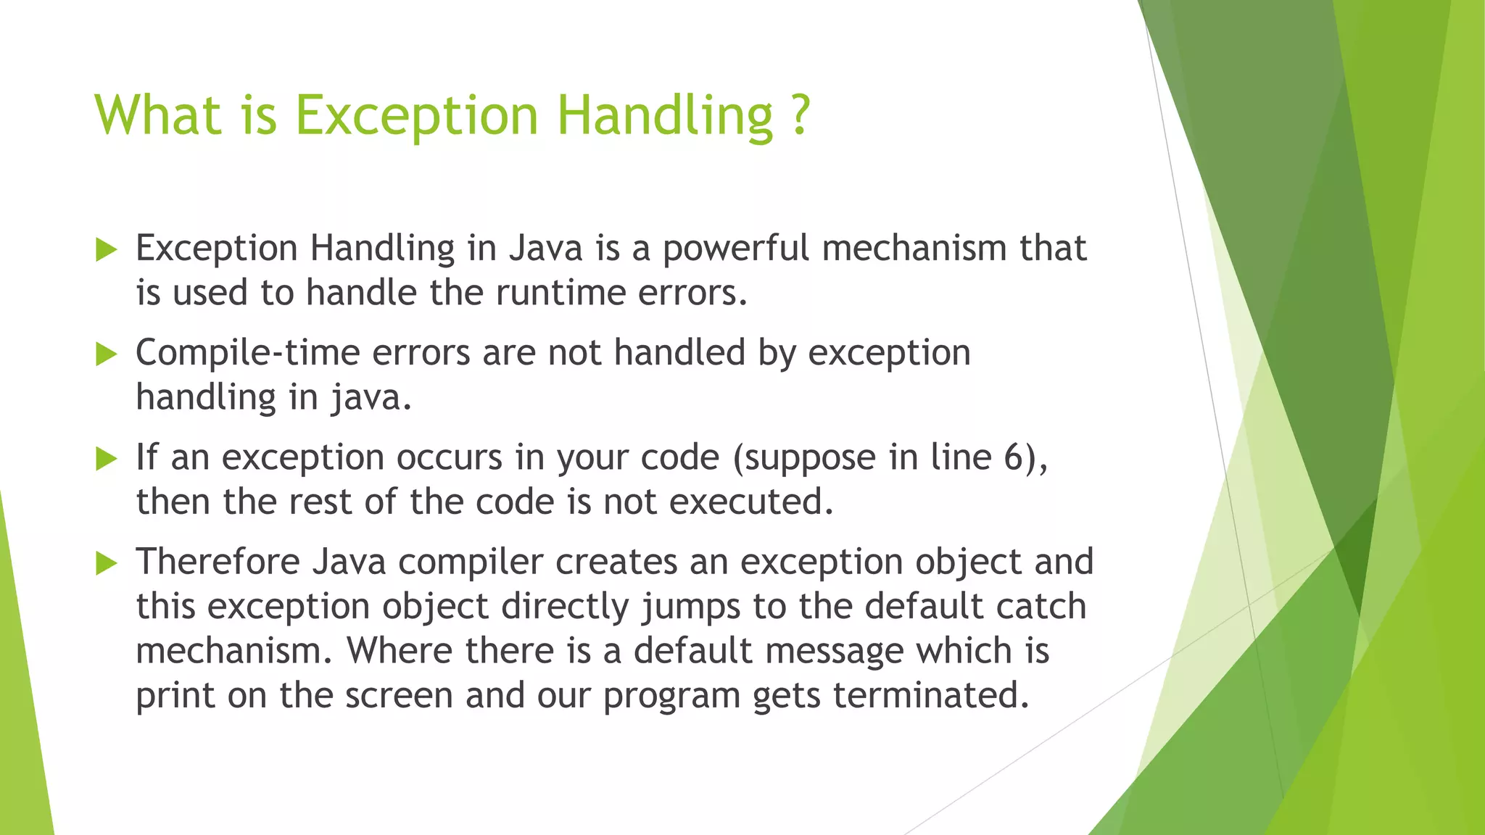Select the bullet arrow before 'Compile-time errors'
(106, 354)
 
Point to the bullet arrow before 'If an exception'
(106, 459)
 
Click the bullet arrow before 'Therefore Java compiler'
(106, 563)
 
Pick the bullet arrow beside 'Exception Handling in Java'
(106, 250)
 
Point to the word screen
(399, 696)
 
